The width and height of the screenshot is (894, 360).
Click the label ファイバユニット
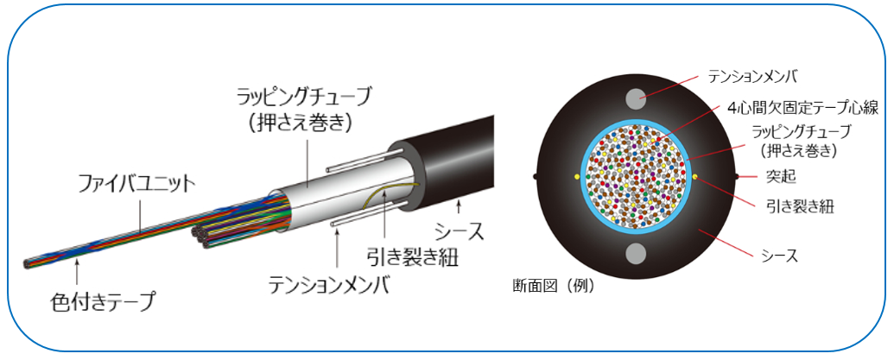click(136, 184)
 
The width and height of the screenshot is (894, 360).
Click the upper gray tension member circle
click(636, 98)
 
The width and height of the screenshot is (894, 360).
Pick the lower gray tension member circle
click(636, 253)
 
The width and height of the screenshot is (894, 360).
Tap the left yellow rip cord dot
click(577, 176)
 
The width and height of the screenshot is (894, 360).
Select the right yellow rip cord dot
click(694, 176)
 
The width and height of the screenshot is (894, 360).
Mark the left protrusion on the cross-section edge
click(536, 176)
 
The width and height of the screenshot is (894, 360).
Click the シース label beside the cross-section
click(780, 255)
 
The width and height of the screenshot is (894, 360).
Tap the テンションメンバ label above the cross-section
click(759, 77)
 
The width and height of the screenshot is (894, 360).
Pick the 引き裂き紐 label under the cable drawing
click(411, 256)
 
